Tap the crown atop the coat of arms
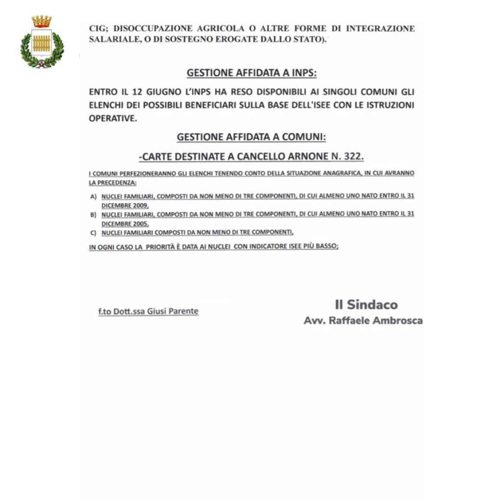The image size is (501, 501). click(42, 21)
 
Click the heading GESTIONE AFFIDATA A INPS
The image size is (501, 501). click(251, 73)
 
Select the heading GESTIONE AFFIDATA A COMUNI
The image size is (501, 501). click(251, 137)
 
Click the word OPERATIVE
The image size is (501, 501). click(112, 118)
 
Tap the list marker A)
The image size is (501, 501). click(94, 197)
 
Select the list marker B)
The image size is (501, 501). click(94, 215)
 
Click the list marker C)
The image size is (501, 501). click(94, 233)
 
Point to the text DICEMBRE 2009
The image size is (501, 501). click(125, 206)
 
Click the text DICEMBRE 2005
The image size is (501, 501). click(125, 224)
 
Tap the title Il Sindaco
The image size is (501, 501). click(366, 304)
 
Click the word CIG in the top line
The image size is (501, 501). click(98, 29)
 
